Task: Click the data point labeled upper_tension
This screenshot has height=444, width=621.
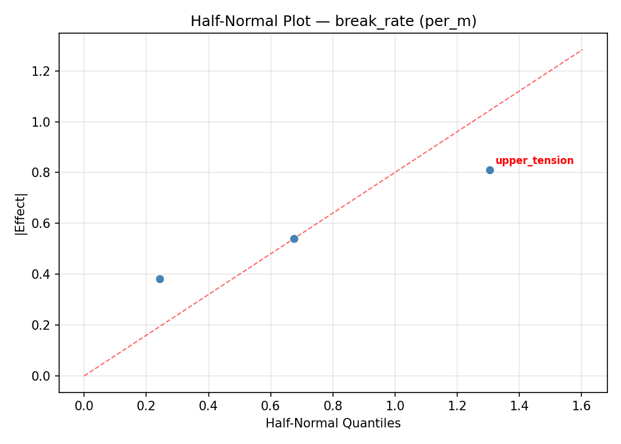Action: [x=490, y=170]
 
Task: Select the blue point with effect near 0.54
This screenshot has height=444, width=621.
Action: [x=294, y=239]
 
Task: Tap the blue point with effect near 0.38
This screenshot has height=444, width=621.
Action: [x=160, y=279]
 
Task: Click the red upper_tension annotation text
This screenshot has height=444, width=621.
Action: [x=534, y=160]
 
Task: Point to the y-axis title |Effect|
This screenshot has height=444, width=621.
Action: [x=21, y=213]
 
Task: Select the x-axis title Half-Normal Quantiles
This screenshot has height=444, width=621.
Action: [x=333, y=423]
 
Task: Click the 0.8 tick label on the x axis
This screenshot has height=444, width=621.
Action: [x=332, y=406]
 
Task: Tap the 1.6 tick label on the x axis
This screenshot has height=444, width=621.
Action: [x=581, y=406]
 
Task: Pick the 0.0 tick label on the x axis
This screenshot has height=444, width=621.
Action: [x=84, y=406]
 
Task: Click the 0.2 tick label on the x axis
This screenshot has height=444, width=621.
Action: [x=146, y=406]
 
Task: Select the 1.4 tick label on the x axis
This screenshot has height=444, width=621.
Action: [x=519, y=406]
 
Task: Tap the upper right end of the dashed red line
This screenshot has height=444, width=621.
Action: [x=583, y=49]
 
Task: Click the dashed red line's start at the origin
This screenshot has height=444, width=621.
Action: [x=84, y=376]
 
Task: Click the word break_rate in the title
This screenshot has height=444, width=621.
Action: [x=363, y=21]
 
